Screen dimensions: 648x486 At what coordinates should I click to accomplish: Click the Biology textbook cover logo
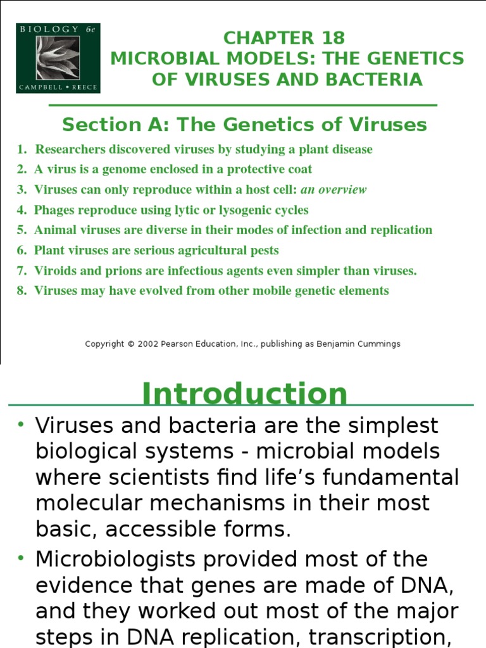58,58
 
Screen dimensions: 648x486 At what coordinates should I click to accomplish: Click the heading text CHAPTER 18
287,38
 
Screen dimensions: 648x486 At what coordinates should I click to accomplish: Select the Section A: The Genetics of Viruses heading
244,124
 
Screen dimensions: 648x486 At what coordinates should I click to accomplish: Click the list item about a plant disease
203,149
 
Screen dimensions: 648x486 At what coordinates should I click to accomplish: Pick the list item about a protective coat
172,170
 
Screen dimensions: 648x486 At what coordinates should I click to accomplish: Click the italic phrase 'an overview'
333,190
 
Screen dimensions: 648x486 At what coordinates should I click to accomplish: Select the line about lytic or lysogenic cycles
171,210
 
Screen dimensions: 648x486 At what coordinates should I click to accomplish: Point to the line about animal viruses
233,230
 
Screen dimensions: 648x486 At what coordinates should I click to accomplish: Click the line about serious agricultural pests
156,251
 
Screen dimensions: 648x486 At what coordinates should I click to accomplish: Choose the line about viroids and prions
225,271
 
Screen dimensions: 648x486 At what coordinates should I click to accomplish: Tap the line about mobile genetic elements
211,291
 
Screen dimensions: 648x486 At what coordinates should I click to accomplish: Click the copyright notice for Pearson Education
243,344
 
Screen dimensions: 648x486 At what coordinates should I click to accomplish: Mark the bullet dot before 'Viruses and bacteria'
20,425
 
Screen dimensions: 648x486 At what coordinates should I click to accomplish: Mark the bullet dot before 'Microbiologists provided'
20,559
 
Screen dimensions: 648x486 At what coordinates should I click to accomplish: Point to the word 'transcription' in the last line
389,638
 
